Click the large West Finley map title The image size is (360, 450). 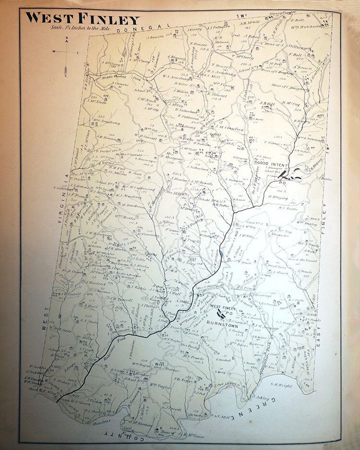point(82,18)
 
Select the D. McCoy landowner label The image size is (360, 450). point(291,103)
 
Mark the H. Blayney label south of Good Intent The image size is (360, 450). point(279,196)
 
